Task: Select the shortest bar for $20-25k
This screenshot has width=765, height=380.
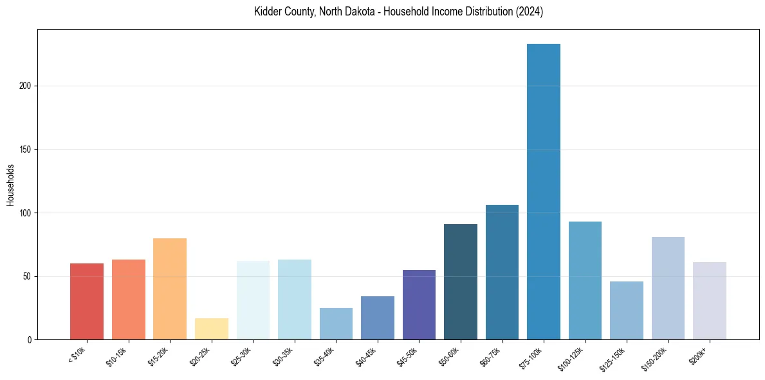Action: [212, 328]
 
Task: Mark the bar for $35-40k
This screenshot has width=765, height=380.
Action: [336, 323]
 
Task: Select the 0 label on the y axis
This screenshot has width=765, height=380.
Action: [30, 340]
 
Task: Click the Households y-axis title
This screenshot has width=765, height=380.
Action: [10, 185]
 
